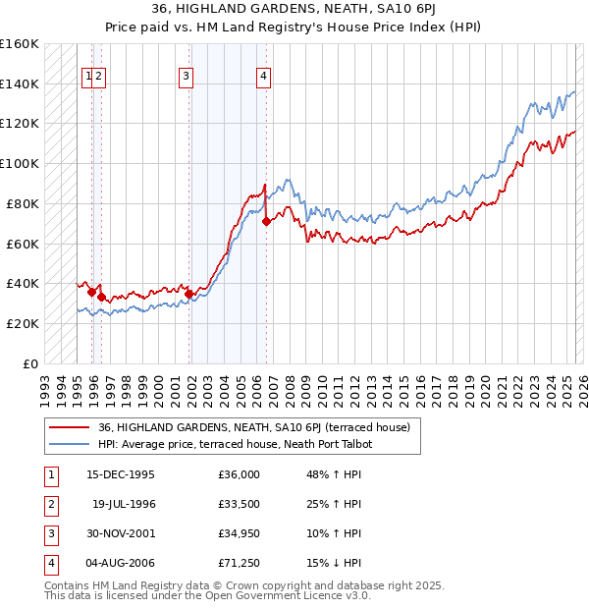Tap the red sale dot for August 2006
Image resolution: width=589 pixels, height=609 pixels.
coord(266,221)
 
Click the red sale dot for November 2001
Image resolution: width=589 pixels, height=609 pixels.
coord(188,293)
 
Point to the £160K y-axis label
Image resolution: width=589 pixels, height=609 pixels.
coord(20,44)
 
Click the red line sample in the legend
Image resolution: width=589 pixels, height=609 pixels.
coord(68,427)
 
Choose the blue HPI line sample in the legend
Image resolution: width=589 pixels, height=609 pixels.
coord(68,444)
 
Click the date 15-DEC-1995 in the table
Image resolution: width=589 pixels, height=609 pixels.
coord(121,474)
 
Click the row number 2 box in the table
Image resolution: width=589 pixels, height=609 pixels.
coord(51,504)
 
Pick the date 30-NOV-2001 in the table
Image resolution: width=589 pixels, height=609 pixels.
coord(121,533)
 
